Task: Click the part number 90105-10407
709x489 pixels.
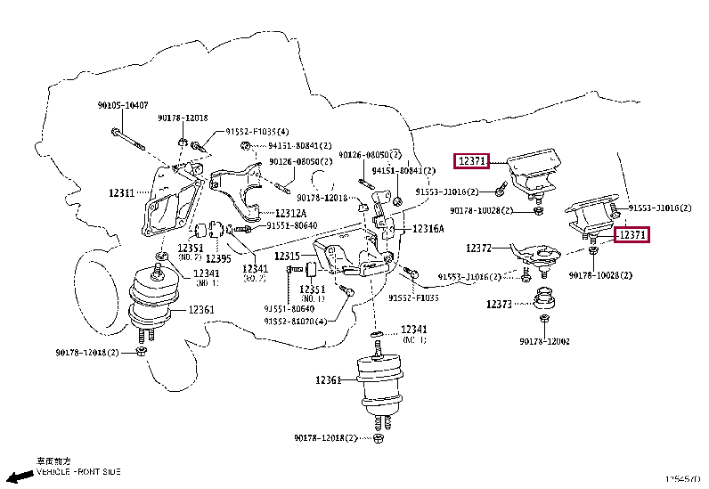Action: (123, 105)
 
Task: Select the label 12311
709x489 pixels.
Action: (122, 192)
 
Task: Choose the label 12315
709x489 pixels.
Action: (287, 257)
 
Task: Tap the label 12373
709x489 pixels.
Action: (499, 304)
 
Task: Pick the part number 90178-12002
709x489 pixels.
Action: (545, 341)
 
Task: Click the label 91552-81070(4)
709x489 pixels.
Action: (295, 322)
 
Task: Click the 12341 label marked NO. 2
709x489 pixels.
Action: (255, 268)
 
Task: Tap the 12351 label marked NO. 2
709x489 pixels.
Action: (190, 249)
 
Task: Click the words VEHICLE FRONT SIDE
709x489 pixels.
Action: (78, 471)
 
